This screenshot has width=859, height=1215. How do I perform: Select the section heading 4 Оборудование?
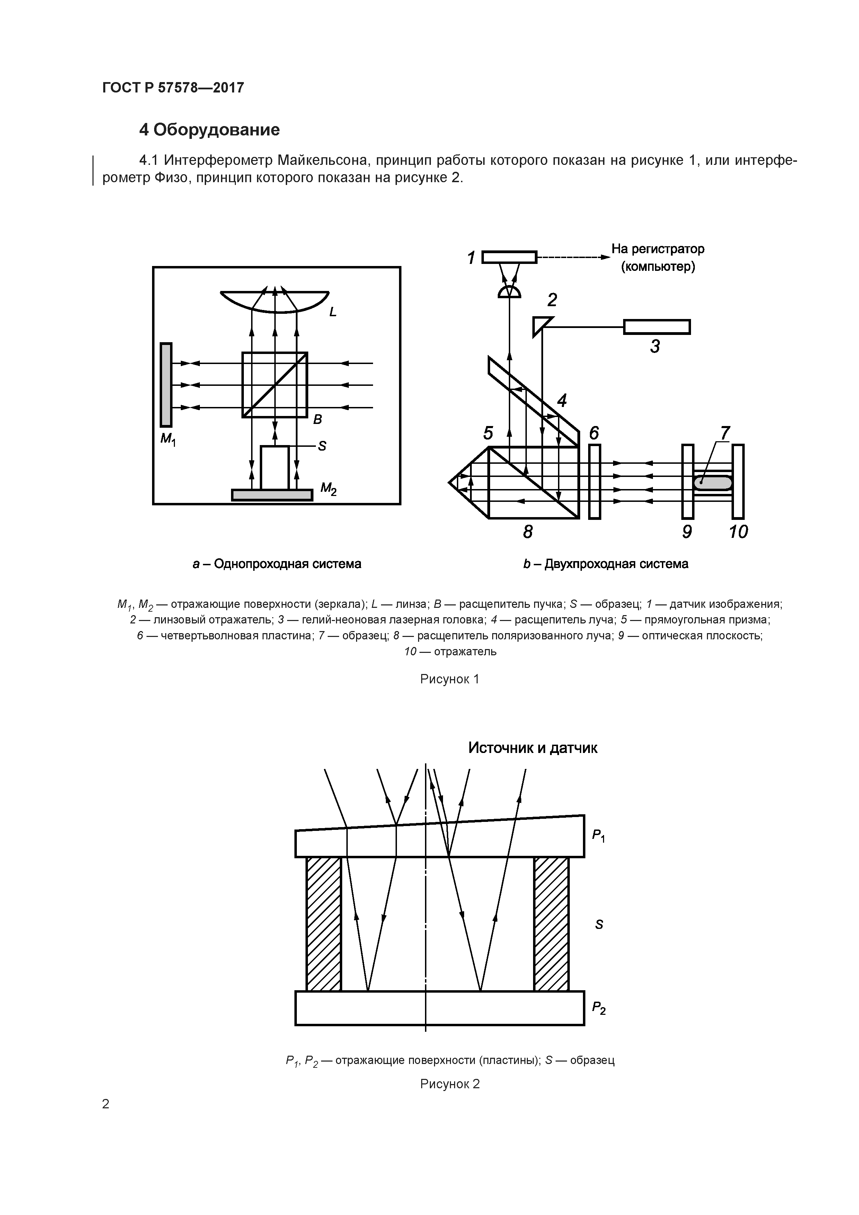209,130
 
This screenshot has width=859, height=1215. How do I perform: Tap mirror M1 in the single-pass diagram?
166,385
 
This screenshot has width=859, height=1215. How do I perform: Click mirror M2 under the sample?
272,494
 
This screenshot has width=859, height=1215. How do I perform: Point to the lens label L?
333,312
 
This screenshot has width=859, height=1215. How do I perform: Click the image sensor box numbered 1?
509,257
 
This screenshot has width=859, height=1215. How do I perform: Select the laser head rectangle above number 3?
656,327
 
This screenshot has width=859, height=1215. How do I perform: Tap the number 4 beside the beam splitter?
561,401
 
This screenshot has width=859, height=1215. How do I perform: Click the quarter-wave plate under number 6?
594,481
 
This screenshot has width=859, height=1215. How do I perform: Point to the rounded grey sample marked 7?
713,482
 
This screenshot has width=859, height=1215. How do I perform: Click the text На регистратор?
658,249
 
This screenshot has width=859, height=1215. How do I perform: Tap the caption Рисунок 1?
449,679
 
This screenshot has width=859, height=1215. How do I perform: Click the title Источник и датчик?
532,748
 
